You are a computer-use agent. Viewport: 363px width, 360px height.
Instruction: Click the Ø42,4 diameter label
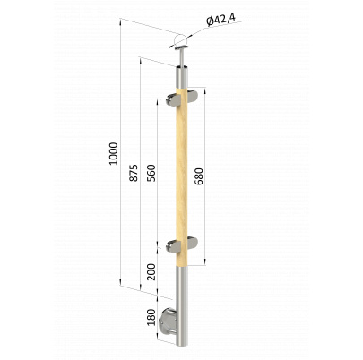point(220,20)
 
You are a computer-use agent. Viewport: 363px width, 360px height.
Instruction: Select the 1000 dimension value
point(114,153)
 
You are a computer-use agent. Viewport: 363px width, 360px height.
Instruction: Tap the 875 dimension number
point(134,173)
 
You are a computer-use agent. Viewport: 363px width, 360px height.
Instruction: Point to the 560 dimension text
point(151,173)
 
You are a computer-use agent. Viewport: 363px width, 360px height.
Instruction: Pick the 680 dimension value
point(199,176)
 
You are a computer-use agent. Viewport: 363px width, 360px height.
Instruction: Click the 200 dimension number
point(151,271)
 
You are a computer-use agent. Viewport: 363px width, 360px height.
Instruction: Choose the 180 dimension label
point(151,317)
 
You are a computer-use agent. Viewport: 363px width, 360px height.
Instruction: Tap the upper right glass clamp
point(193,95)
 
